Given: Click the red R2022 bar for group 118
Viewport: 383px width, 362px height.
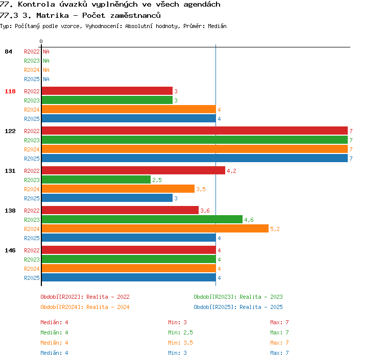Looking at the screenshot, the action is [107, 91].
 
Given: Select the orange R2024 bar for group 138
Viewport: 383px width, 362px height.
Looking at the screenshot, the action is [155, 228].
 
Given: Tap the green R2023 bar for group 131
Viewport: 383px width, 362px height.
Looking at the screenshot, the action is [96, 179].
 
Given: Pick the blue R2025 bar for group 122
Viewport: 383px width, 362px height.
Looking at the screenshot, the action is [195, 158].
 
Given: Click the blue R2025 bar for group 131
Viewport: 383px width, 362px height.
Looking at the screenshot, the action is [107, 198].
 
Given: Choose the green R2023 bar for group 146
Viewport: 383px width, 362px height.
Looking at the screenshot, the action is [129, 259].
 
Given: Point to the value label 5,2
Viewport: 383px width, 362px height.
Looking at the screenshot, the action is [275, 229].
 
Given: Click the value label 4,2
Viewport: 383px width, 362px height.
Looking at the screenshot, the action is [231, 171].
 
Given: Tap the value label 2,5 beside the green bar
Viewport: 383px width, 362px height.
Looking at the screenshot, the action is [157, 180].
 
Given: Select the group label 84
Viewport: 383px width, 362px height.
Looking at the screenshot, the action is [8, 51].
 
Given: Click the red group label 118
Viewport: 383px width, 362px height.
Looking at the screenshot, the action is [10, 91].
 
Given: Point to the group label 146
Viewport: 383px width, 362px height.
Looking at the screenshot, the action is [10, 250].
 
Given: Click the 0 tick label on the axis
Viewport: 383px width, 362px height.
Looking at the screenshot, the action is [41, 41].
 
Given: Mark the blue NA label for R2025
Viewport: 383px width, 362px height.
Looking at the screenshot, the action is [46, 79].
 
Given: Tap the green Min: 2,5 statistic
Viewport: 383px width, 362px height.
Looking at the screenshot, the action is [180, 332].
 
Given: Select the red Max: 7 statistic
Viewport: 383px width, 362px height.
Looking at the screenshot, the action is [279, 322].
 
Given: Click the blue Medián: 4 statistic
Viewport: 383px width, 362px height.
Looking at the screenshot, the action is [54, 353].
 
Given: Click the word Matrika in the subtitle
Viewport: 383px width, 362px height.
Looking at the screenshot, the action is [53, 16].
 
